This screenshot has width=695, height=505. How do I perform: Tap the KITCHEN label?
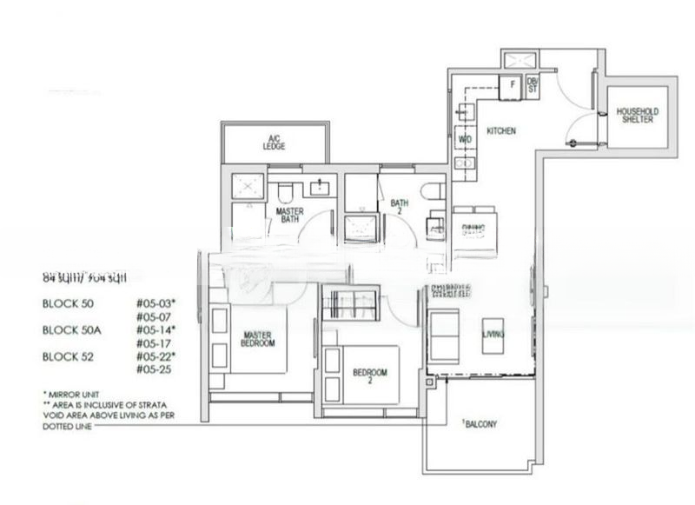click(x=501, y=130)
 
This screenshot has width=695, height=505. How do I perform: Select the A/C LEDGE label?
click(x=275, y=143)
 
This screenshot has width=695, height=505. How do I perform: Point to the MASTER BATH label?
click(x=288, y=216)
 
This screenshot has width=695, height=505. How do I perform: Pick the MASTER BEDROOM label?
click(x=259, y=339)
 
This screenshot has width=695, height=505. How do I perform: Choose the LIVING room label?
click(x=494, y=334)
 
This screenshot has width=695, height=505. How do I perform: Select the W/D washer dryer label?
click(x=465, y=139)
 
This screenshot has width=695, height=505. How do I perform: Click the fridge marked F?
click(x=512, y=85)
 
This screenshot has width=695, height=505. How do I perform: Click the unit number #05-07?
click(x=150, y=317)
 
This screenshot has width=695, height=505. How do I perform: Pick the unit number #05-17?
click(x=150, y=343)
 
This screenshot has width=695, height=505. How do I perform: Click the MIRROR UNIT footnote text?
click(x=72, y=394)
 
